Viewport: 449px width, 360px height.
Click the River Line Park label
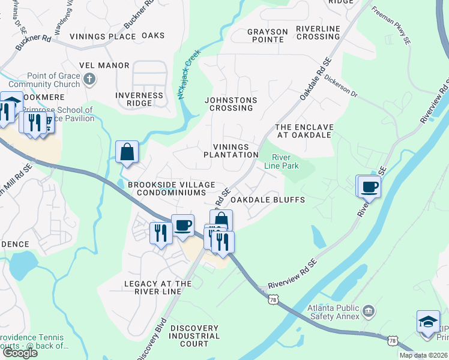click(282, 161)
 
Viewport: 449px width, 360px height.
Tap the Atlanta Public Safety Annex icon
click(369, 310)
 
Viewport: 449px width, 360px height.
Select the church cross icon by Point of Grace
click(89, 79)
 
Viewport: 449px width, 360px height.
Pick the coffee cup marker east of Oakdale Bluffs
click(370, 187)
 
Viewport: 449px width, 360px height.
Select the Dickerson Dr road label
click(341, 86)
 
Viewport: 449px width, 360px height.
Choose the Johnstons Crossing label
click(231, 104)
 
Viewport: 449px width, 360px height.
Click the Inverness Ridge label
click(139, 99)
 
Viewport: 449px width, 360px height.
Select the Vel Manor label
click(104, 65)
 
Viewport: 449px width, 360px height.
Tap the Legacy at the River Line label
click(158, 287)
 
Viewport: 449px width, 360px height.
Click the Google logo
click(20, 353)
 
